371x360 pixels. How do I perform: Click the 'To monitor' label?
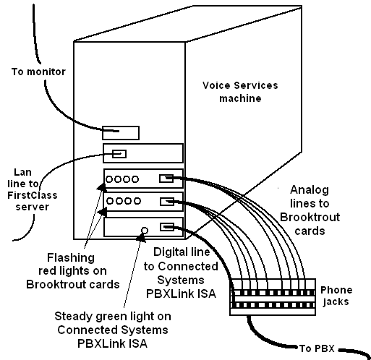(x=38, y=72)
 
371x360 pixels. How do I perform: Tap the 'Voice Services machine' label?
(x=240, y=92)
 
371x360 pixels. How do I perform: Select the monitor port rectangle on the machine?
(x=121, y=133)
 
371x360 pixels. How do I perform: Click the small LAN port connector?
(x=119, y=154)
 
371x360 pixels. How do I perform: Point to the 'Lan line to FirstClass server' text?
(x=33, y=189)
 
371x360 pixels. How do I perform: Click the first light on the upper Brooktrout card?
(x=109, y=179)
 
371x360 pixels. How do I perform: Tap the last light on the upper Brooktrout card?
(x=135, y=179)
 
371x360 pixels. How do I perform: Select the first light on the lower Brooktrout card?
(x=110, y=201)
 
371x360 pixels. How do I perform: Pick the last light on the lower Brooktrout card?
(x=137, y=201)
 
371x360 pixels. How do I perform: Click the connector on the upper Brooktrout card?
(x=166, y=179)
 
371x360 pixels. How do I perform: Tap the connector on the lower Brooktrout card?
(x=167, y=202)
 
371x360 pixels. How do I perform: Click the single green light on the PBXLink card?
(x=145, y=231)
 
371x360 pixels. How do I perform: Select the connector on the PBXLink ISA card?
(x=167, y=227)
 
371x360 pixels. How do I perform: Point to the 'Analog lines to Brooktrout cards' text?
(x=310, y=210)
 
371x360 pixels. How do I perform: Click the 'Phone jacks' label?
(x=336, y=296)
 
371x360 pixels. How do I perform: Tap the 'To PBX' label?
(x=317, y=348)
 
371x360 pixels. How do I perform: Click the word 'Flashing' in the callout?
(x=71, y=258)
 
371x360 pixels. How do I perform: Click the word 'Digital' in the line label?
(x=168, y=252)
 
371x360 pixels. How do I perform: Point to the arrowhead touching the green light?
(x=141, y=238)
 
